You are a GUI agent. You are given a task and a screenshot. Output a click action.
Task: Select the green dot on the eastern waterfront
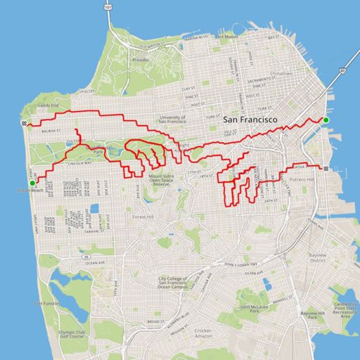[326, 120]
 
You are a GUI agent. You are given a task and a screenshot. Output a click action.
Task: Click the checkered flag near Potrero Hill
[328, 169]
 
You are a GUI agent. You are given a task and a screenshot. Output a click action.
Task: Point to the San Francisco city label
[250, 120]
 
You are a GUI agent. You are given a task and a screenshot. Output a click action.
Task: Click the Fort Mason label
[229, 36]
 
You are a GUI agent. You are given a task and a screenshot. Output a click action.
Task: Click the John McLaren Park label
[256, 309]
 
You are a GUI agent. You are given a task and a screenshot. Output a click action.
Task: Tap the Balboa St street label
[53, 131]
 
